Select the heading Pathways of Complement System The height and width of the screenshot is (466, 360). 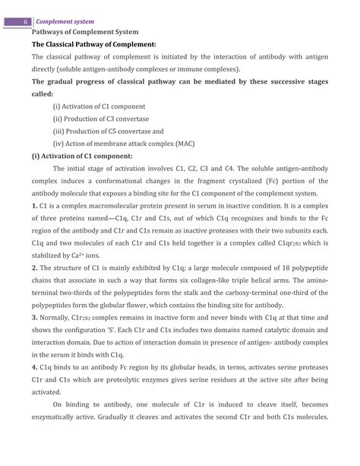coord(84,33)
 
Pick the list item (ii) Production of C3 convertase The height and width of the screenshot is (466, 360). coord(101,119)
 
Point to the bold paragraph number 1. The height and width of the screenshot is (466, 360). coord(34,205)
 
